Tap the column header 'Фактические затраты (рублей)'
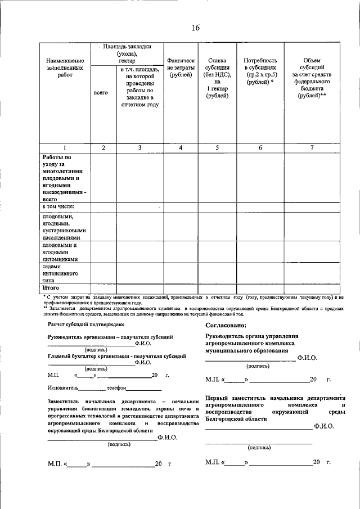tap(181, 67)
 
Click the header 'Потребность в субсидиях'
tap(260, 71)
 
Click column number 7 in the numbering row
tap(312, 147)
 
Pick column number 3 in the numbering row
tap(139, 147)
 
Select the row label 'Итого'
tap(51, 287)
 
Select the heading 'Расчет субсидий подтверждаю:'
tap(82, 325)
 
